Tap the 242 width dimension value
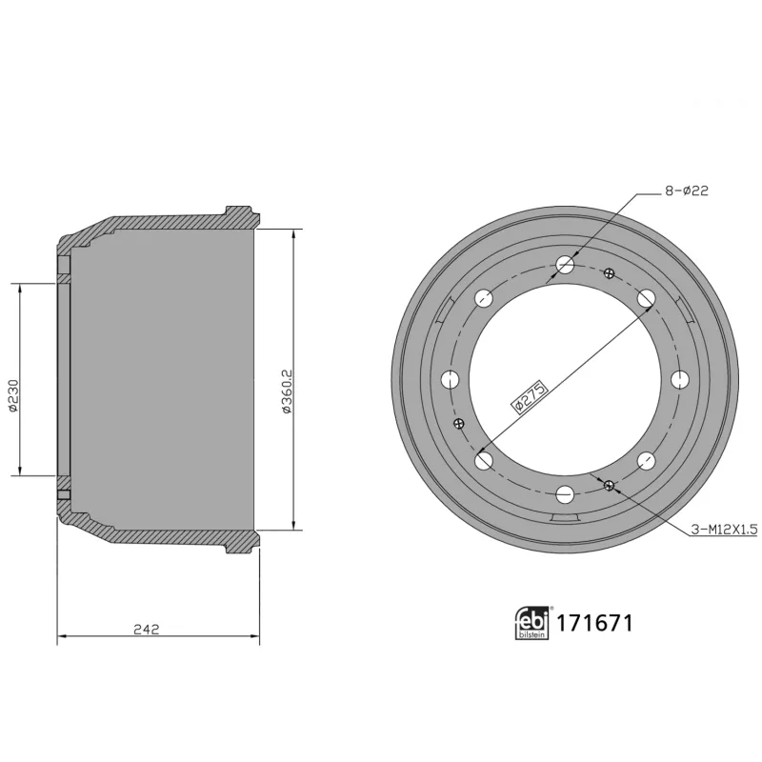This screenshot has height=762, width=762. coord(146,628)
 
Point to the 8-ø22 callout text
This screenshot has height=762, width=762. coord(685,190)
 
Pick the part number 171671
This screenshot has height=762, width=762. coord(593,624)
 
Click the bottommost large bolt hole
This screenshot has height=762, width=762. coord(567,494)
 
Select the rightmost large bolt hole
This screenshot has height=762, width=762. coord(680,379)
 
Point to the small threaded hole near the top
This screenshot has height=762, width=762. coord(609,273)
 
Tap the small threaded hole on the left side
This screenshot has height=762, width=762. coord(460,424)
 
